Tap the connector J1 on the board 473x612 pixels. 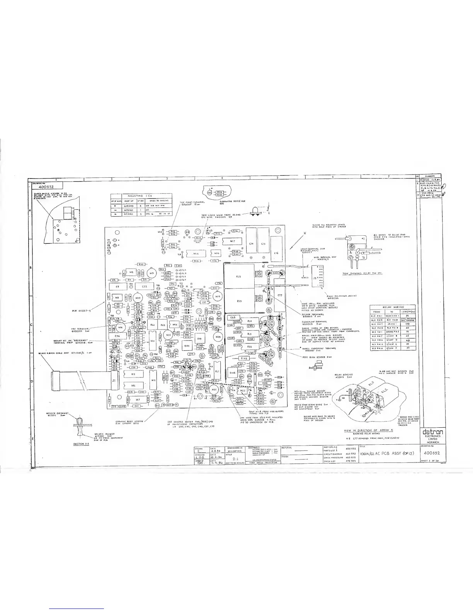tap(114, 381)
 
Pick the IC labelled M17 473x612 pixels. tap(232, 241)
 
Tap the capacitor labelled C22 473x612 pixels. tap(144, 287)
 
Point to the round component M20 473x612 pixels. tap(218, 337)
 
